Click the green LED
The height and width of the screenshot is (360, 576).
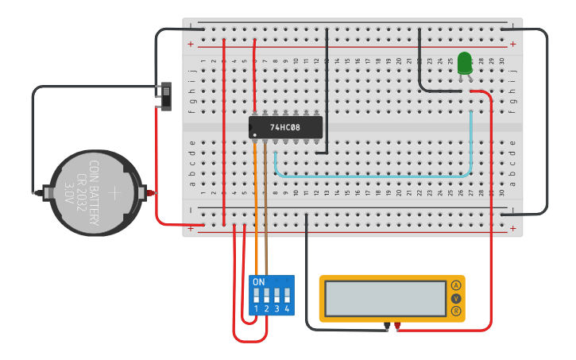pos(465,62)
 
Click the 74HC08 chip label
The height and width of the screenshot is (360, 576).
pos(285,127)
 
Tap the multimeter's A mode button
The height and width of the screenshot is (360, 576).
pos(456,285)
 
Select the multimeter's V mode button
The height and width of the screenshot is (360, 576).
pos(456,298)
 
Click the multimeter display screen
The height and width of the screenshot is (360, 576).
pos(385,298)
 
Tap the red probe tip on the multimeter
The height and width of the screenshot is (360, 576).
pos(397,326)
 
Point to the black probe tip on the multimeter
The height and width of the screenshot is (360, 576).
pos(387,326)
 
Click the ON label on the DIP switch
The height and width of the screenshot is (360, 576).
pos(258,282)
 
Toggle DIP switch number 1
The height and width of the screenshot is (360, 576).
pos(257,296)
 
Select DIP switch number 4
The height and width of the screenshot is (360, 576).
pos(287,296)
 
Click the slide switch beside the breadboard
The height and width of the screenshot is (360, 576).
pos(166,95)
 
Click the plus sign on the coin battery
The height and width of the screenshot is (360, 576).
pos(115,192)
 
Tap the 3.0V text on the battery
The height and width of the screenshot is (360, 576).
pos(68,193)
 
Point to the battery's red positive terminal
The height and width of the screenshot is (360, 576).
pos(149,192)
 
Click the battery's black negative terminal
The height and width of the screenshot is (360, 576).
pos(37,192)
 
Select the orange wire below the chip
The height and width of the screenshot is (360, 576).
pos(255,199)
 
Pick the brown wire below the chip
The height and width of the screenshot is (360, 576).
pos(265,199)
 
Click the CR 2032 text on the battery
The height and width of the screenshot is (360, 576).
pos(80,193)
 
